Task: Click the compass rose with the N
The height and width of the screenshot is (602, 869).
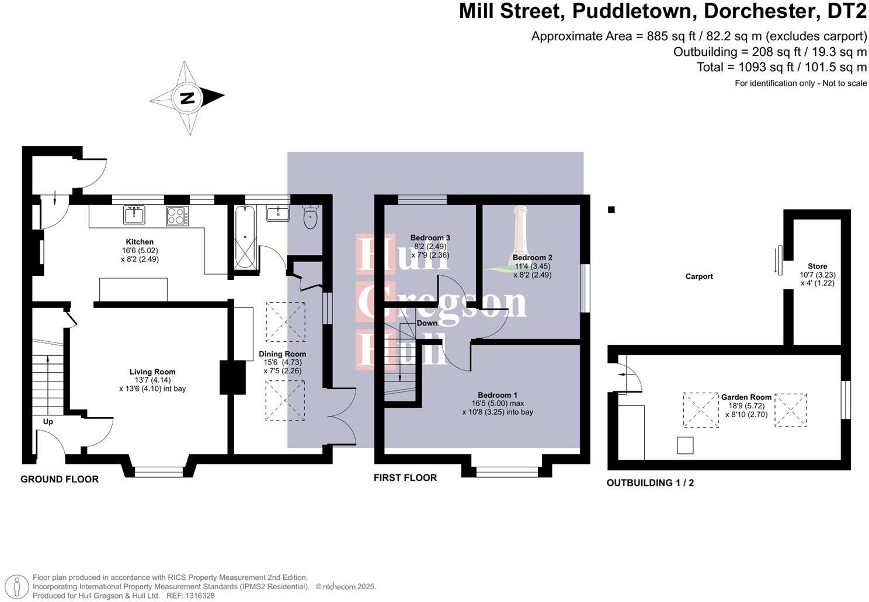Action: [187, 97]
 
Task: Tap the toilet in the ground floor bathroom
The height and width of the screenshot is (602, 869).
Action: [310, 217]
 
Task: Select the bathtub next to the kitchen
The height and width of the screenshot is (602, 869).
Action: [245, 237]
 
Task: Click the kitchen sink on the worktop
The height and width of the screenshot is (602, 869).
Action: [134, 215]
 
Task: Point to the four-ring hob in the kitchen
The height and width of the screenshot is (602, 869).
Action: [177, 216]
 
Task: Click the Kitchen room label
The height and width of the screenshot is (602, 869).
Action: [140, 242]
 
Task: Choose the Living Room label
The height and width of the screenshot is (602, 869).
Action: [152, 372]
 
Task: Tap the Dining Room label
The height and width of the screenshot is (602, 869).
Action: [282, 354]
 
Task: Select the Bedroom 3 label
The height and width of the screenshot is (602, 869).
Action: [430, 238]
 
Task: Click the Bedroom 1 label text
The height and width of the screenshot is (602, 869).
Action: [497, 395]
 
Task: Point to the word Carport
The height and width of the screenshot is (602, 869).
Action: [699, 276]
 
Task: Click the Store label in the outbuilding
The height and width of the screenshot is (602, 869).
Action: [817, 267]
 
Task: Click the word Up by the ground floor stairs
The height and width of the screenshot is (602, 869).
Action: [48, 421]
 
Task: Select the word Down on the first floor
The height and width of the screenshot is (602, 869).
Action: [427, 323]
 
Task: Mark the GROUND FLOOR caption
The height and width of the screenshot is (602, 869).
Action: [60, 480]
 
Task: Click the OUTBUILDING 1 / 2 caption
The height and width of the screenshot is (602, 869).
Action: [650, 483]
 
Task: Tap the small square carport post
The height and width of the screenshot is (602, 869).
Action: [611, 210]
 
